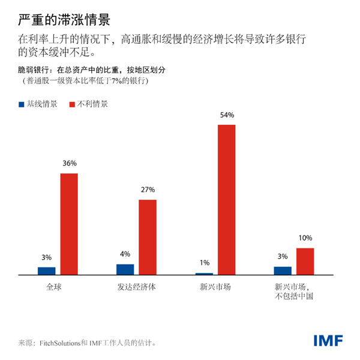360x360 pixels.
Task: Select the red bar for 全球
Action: (69, 224)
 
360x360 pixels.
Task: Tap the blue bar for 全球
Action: (46, 271)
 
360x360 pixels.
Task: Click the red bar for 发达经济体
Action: (148, 237)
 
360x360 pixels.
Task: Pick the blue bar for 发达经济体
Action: (125, 269)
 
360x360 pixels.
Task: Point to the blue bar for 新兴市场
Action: (203, 274)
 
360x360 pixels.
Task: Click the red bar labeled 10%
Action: (305, 261)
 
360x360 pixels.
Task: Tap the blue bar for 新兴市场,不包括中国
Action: (282, 271)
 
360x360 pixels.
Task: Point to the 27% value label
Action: (148, 190)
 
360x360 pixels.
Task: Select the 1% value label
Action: (203, 263)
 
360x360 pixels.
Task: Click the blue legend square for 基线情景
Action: (22, 104)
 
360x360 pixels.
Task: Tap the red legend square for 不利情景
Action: (74, 104)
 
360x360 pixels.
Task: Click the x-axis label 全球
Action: (55, 287)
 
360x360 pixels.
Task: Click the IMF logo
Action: (328, 341)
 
